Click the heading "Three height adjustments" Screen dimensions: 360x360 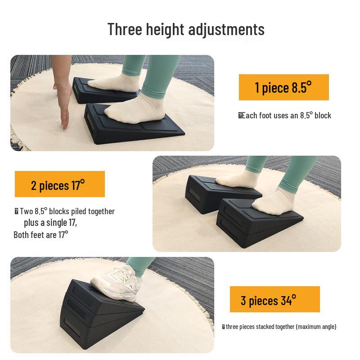(186, 29)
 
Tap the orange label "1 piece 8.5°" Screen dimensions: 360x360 (283, 87)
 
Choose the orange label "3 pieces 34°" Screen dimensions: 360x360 (274, 300)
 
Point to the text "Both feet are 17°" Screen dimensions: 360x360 (41, 234)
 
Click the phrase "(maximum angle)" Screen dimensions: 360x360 (316, 327)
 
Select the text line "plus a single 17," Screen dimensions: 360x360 (50, 223)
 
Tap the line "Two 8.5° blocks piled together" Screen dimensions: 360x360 (67, 211)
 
